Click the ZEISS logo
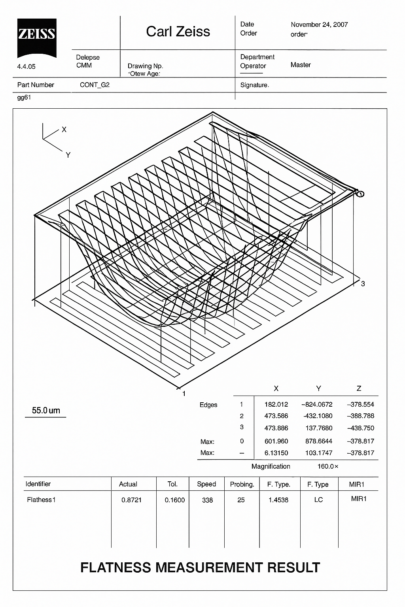(x=36, y=37)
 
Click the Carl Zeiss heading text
(x=178, y=32)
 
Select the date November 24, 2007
(x=319, y=25)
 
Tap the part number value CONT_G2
(x=95, y=85)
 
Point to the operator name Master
(x=301, y=65)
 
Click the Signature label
(x=254, y=85)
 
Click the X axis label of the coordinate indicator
(x=64, y=130)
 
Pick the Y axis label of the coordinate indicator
(x=68, y=155)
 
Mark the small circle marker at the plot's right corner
(x=360, y=194)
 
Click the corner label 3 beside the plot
(x=363, y=284)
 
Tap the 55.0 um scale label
(x=46, y=410)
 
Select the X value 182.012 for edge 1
(x=276, y=404)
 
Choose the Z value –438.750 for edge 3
(x=360, y=428)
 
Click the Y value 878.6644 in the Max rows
(x=319, y=441)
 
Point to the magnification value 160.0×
(x=328, y=466)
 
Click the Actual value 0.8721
(x=131, y=500)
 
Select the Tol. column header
(x=172, y=484)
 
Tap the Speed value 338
(x=207, y=500)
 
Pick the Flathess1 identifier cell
(x=41, y=500)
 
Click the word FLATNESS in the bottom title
(x=115, y=567)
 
